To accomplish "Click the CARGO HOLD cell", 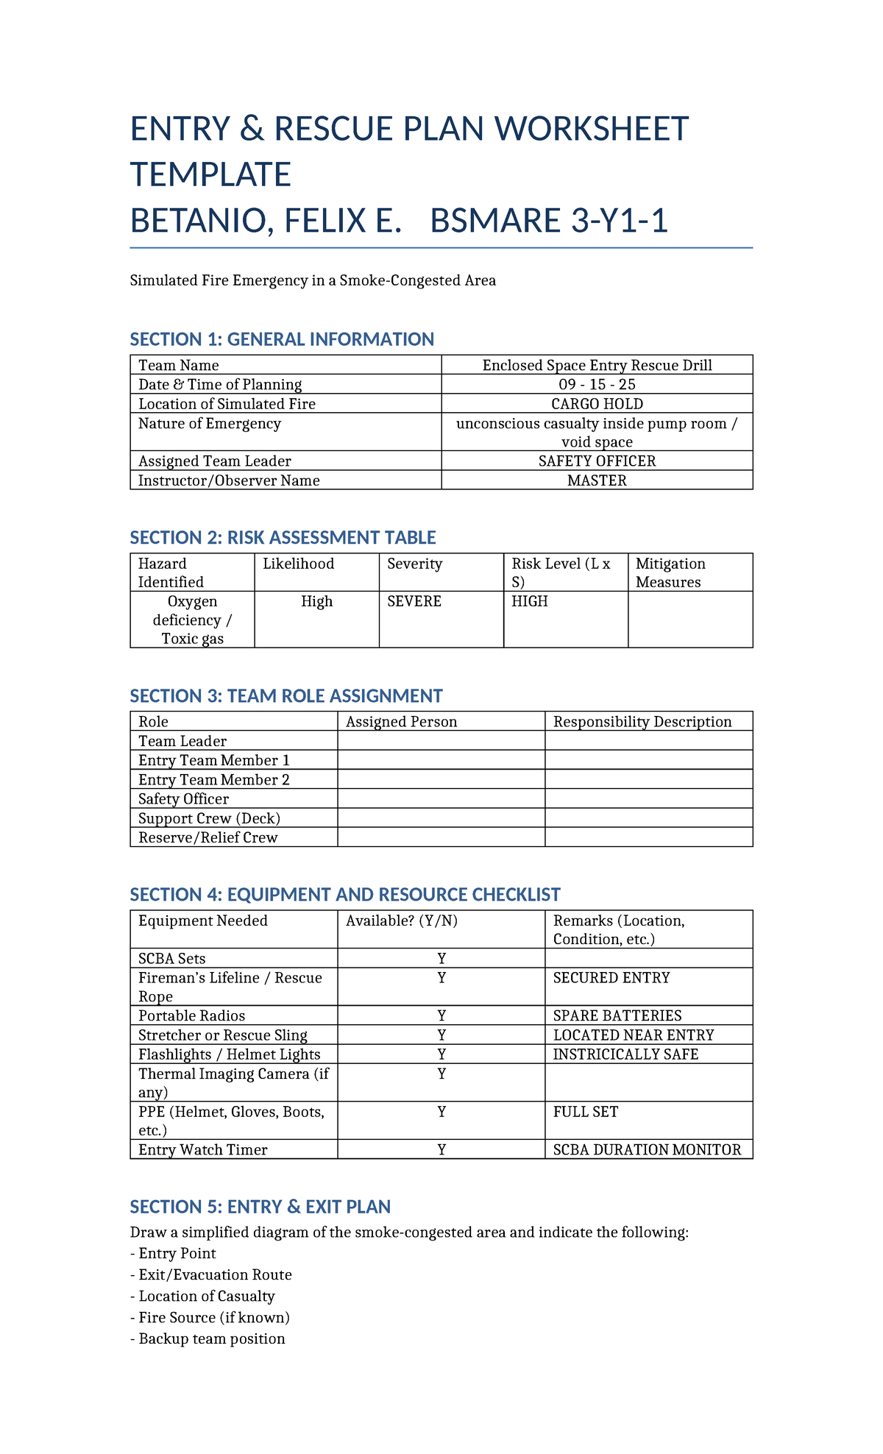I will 597,404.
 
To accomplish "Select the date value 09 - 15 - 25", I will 597,385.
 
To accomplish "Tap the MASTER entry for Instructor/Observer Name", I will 597,480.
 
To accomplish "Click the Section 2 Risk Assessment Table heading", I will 283,538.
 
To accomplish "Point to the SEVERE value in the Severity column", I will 414,602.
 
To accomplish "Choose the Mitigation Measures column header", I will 670,572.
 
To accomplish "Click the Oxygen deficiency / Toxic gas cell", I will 192,620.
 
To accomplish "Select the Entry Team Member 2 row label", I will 213,780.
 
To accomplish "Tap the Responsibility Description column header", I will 642,722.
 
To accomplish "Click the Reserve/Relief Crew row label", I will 208,837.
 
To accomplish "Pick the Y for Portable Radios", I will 441,1016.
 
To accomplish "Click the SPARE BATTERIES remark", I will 617,1016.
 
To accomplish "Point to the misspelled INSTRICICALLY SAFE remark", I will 625,1054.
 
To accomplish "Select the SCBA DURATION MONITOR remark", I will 647,1150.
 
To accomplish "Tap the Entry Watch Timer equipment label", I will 202,1150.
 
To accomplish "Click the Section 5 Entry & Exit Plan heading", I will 260,1207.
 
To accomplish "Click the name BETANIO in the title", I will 194,221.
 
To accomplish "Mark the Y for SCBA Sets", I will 441,959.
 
